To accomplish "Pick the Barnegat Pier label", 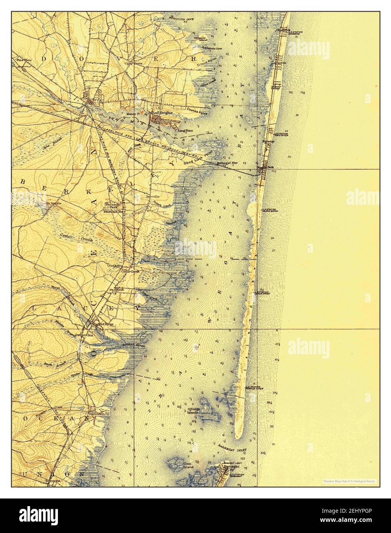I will pyautogui.click(x=228, y=163).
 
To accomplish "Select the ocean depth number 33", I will pyautogui.click(x=272, y=426).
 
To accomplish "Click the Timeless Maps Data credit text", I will pyautogui.click(x=344, y=481).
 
